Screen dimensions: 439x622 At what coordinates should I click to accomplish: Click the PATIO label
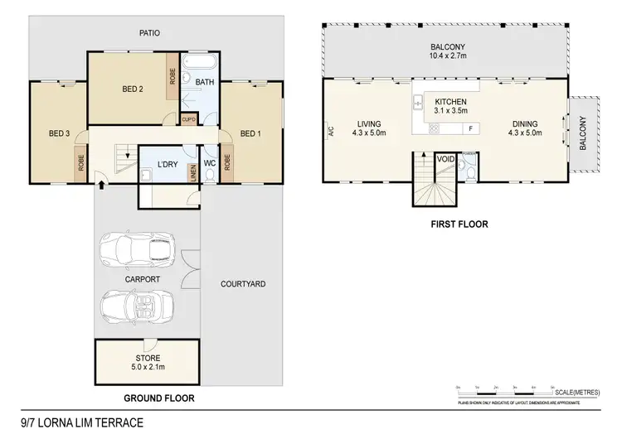pyautogui.click(x=150, y=33)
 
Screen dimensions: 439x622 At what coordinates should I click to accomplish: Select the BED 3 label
pyautogui.click(x=58, y=133)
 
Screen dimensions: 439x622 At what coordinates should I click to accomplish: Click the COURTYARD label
pyautogui.click(x=243, y=284)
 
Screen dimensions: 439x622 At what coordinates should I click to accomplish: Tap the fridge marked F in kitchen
pyautogui.click(x=471, y=128)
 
